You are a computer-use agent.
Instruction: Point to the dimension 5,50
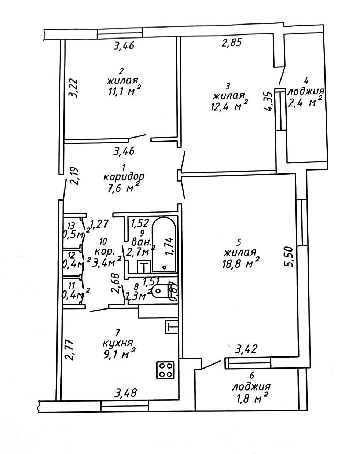(290, 257)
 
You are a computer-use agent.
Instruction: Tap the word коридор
(124, 177)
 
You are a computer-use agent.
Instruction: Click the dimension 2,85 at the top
(231, 43)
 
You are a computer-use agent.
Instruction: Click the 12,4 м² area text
(230, 107)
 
